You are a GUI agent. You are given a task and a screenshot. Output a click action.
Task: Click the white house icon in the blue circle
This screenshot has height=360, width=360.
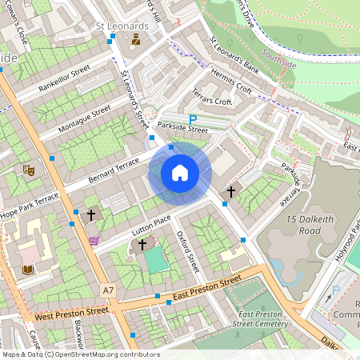tap(180, 172)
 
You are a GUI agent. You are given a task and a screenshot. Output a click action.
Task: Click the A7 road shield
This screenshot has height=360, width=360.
tap(109, 288)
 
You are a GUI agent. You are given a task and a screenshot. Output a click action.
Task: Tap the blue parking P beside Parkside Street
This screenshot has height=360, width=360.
tap(192, 118)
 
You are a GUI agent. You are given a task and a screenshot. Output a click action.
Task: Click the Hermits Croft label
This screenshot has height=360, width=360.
tap(231, 82)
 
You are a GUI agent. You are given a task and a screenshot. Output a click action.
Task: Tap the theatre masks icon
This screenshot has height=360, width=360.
tap(28, 170)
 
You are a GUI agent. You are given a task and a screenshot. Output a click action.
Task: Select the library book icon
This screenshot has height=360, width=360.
tap(28, 270)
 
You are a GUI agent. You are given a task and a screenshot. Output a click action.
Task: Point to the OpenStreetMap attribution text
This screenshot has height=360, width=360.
tap(80, 354)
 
